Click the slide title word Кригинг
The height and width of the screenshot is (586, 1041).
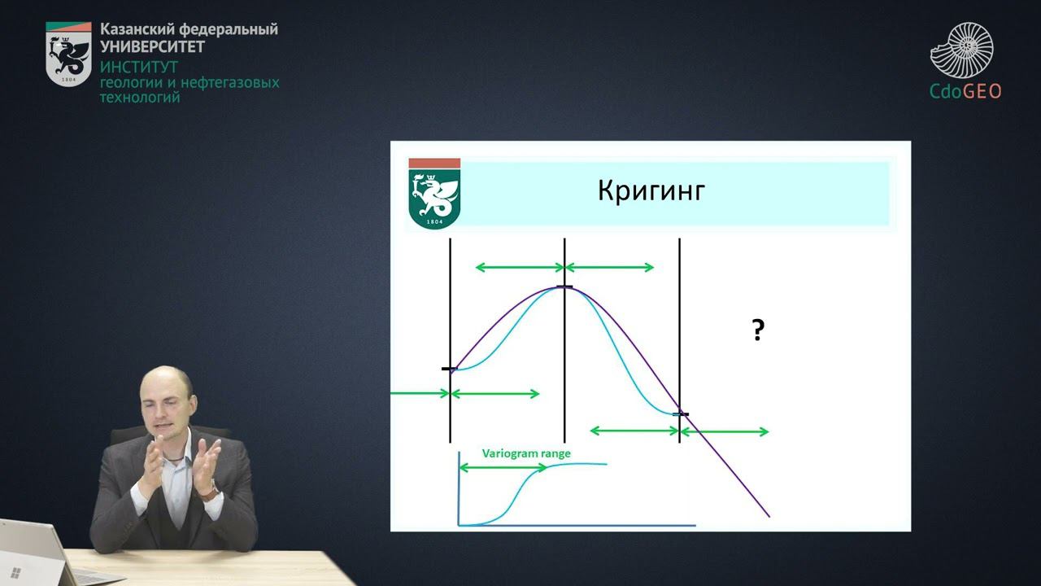[x=651, y=190]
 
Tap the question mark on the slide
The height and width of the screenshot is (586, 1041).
[x=757, y=330]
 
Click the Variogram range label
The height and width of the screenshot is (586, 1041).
[x=526, y=453]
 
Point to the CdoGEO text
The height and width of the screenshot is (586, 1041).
[x=965, y=92]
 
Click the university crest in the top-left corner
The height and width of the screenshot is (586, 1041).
[x=68, y=54]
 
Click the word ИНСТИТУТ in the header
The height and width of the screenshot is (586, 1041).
[x=138, y=67]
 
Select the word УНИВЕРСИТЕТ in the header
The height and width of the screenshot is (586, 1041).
[x=152, y=46]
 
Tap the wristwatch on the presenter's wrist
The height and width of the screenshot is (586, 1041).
[x=209, y=491]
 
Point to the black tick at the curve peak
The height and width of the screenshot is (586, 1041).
[x=564, y=287]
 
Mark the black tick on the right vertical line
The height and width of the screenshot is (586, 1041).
[x=680, y=415]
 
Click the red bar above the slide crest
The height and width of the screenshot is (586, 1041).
[x=434, y=164]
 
